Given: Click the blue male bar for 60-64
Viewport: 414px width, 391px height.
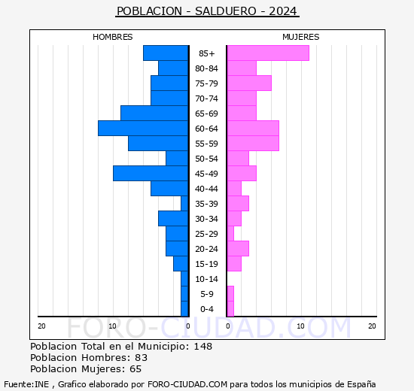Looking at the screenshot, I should (143, 129).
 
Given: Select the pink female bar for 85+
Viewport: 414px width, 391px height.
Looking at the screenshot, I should (267, 53).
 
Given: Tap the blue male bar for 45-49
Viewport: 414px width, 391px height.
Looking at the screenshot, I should (151, 174).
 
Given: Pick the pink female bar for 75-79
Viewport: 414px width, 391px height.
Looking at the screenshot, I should (248, 83).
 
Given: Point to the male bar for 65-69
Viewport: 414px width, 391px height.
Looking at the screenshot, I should (154, 114).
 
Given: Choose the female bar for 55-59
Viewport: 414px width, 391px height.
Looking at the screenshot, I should (252, 144).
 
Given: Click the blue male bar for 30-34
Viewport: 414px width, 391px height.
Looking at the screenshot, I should (173, 219).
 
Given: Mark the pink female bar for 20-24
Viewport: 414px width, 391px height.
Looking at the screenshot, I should (237, 249).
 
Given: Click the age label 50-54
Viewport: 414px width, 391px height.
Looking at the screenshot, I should (207, 159).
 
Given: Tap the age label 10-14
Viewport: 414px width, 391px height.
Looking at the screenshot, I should (207, 279).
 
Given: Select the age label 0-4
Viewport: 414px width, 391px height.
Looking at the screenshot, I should (207, 309).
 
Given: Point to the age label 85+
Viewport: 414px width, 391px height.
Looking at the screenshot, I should (207, 53).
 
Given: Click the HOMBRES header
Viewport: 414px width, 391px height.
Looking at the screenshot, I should (113, 37).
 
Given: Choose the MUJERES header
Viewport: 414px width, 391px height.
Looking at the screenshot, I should (300, 37).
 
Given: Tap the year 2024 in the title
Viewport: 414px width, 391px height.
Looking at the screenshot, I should (283, 11).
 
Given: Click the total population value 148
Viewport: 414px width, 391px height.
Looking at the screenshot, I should (202, 347).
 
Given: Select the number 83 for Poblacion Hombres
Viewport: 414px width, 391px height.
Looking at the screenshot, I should (141, 358).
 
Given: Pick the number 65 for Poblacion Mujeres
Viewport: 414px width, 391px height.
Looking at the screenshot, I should (136, 369).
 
